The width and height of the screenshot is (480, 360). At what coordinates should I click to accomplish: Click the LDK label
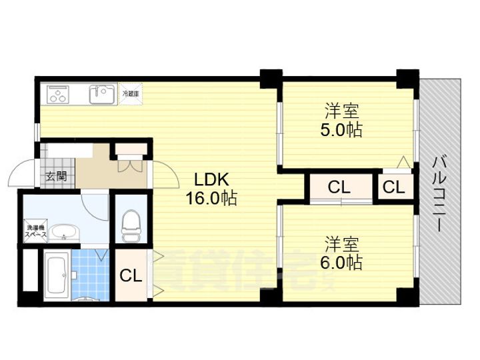point(211,179)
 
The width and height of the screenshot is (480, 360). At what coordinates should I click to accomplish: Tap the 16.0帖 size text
point(211,198)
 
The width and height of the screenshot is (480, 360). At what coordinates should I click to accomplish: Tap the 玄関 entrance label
point(56,177)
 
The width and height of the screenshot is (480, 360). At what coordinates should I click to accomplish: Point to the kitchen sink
point(102,94)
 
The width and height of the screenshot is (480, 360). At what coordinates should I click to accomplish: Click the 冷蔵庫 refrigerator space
point(131,94)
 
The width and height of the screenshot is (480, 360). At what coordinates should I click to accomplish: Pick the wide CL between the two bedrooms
point(339,188)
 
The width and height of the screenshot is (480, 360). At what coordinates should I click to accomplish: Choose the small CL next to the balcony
point(393,188)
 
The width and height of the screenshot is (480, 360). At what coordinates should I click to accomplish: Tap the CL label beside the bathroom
point(131,275)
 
